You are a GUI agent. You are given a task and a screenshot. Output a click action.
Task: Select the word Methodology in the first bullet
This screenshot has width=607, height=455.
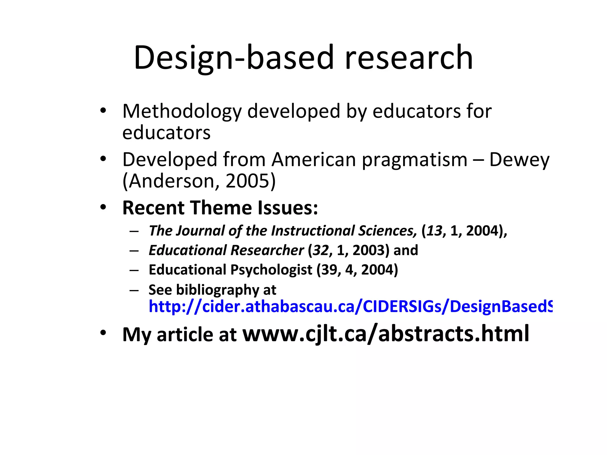182,112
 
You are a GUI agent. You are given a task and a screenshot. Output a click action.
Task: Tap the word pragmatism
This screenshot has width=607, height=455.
415,160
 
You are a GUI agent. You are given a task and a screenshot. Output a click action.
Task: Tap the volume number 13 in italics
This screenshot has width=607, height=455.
435,231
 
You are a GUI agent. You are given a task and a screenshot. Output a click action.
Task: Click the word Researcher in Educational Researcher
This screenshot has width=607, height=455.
267,250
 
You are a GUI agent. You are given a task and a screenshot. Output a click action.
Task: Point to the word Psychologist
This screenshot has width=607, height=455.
271,270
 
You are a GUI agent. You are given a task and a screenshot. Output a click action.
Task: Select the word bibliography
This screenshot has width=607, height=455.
218,290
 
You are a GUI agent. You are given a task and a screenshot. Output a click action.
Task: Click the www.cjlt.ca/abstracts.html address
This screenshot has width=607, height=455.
386,334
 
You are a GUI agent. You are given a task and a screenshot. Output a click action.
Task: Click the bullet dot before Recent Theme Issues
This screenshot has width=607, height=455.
103,207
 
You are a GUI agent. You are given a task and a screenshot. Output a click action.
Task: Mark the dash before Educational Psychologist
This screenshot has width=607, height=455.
134,270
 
